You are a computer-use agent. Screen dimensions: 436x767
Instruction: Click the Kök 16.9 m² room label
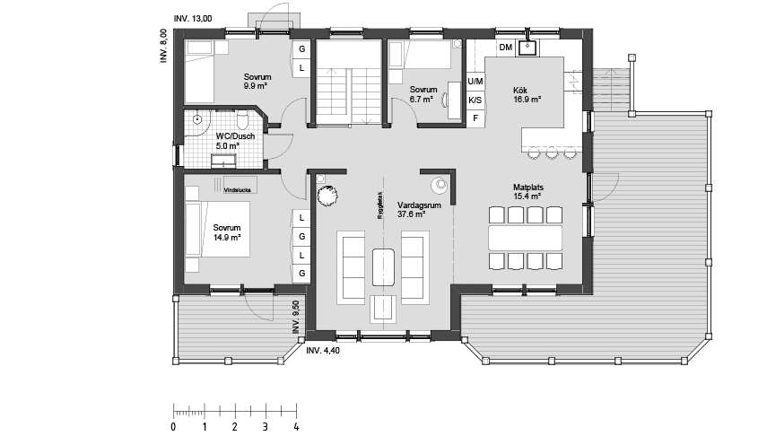pyautogui.click(x=527, y=95)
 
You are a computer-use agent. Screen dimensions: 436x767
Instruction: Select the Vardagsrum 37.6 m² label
pyautogui.click(x=411, y=209)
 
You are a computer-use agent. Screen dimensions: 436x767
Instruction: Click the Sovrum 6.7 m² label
pyautogui.click(x=423, y=94)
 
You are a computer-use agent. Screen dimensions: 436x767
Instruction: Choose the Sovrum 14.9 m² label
pyautogui.click(x=227, y=233)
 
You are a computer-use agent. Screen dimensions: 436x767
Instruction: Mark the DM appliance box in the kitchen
pyautogui.click(x=505, y=48)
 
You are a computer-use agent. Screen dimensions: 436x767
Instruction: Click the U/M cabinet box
pyautogui.click(x=475, y=82)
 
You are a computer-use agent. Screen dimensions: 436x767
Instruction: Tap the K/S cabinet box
pyautogui.click(x=475, y=100)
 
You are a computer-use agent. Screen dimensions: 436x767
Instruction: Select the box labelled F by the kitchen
pyautogui.click(x=475, y=118)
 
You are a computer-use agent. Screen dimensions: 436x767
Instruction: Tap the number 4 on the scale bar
pyautogui.click(x=296, y=427)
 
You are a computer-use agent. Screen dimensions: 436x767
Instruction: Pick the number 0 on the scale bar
pyautogui.click(x=173, y=427)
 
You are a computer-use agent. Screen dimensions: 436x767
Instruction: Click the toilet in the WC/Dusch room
pyautogui.click(x=243, y=119)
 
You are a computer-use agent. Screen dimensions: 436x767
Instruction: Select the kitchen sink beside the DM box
pyautogui.click(x=529, y=46)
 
